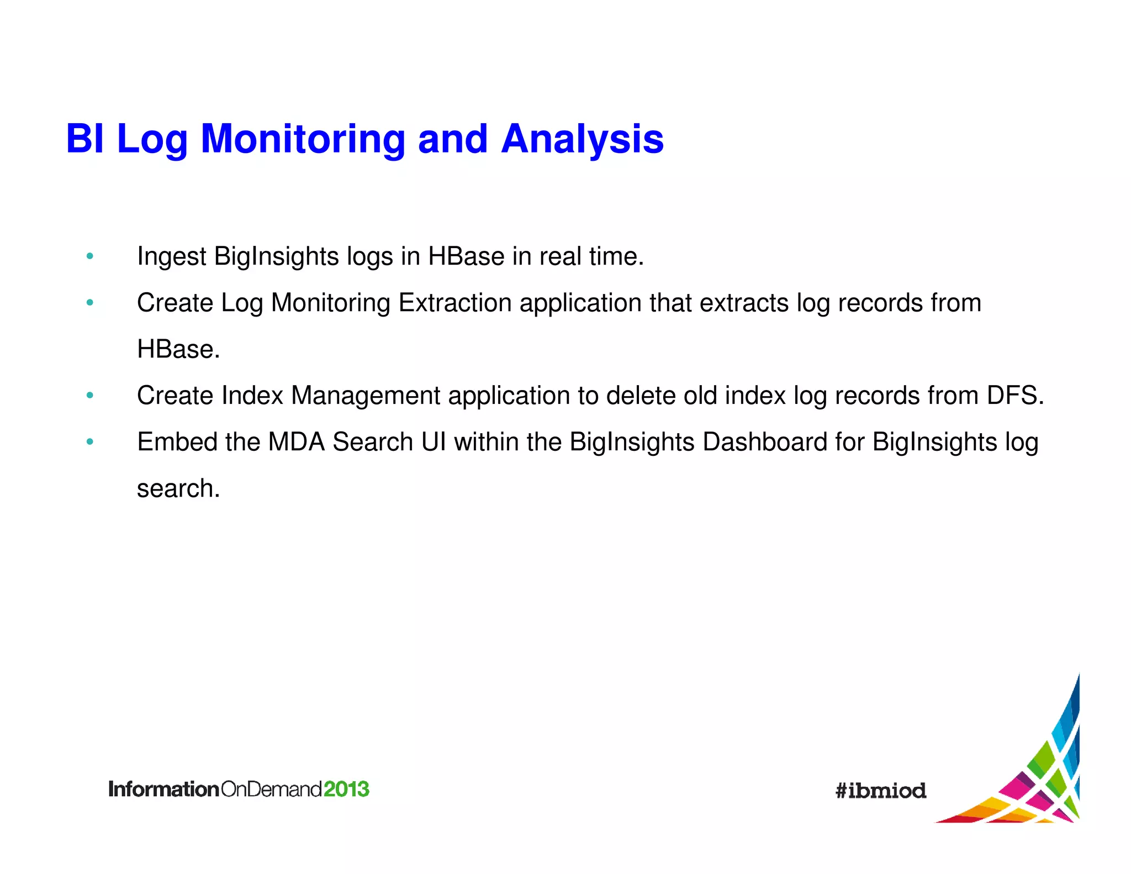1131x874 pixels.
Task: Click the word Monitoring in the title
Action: point(303,139)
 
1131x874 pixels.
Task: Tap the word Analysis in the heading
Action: point(582,139)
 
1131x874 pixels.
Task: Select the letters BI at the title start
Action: point(85,139)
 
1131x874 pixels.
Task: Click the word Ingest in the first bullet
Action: point(171,257)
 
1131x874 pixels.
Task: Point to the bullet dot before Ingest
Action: point(90,256)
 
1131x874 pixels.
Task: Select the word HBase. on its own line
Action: point(178,350)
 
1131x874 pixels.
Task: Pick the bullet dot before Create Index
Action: point(90,395)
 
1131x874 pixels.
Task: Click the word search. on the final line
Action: point(178,489)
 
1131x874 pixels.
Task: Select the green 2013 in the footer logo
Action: point(346,789)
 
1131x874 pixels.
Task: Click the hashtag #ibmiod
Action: point(880,791)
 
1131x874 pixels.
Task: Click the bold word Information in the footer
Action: point(164,789)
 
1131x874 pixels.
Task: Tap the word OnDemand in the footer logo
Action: point(271,789)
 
